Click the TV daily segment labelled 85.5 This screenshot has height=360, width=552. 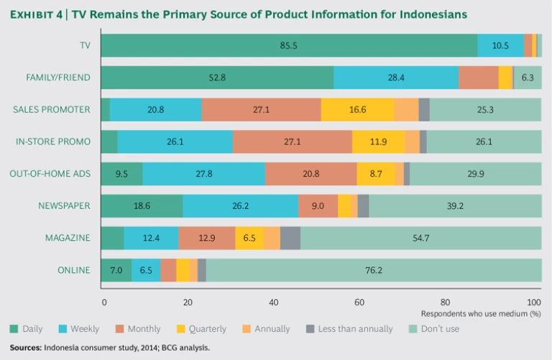tap(289, 45)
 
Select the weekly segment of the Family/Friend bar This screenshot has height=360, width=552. tap(395, 78)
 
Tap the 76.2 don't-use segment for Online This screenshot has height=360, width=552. tap(373, 270)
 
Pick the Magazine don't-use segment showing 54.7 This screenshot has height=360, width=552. tap(420, 238)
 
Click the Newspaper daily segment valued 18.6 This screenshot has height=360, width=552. tap(142, 206)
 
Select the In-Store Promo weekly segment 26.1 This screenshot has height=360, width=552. tap(175, 142)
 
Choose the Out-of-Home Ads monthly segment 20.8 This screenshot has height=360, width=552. tap(311, 174)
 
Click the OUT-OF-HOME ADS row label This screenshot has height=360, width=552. tap(50, 174)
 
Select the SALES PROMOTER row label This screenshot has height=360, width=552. tap(52, 109)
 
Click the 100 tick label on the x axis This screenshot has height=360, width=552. tap(533, 302)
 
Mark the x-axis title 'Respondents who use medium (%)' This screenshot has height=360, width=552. tap(480, 314)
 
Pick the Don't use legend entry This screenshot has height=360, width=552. tap(439, 329)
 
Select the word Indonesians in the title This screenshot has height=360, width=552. tap(428, 14)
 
